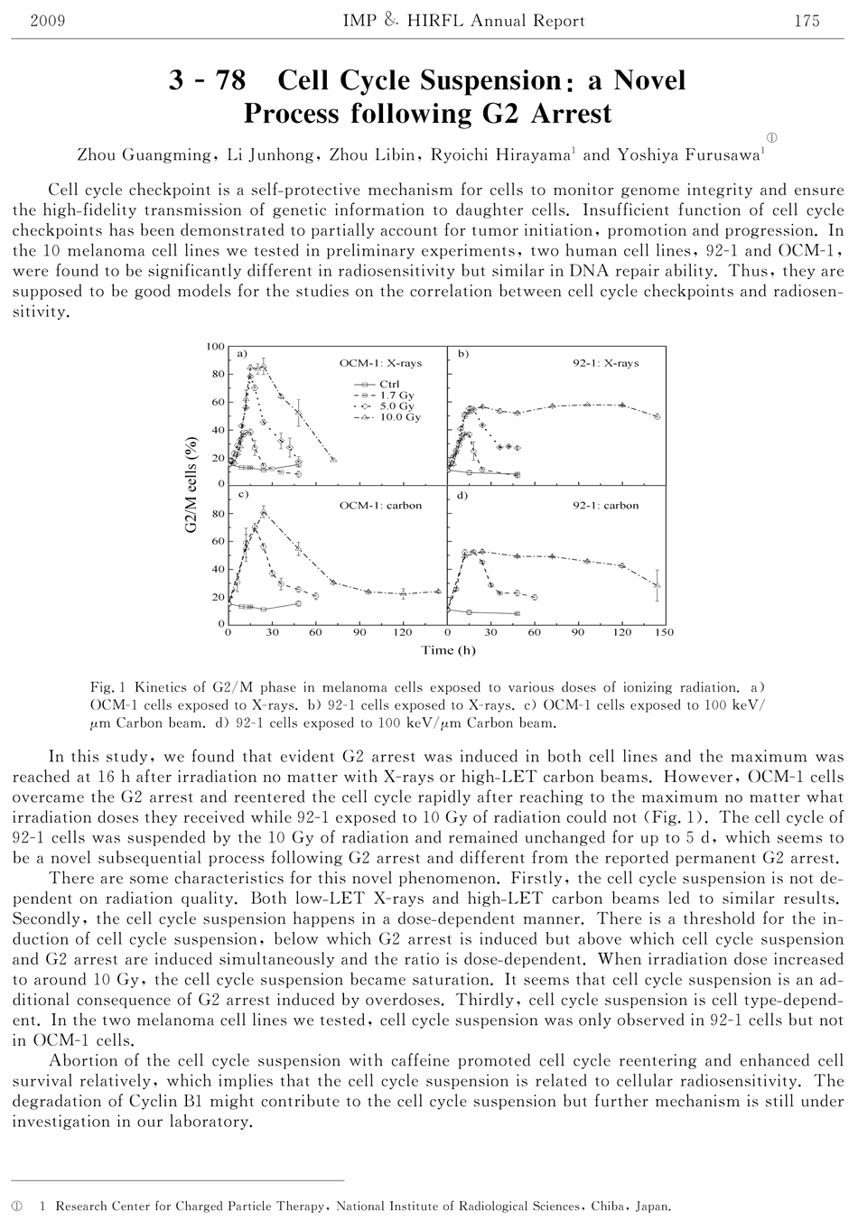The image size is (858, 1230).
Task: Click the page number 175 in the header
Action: click(x=807, y=21)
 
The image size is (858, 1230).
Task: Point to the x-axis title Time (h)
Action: click(x=448, y=650)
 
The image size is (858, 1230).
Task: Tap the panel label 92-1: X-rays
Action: click(x=605, y=363)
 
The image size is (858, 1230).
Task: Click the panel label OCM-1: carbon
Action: click(x=380, y=506)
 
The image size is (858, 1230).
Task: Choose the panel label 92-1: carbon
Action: click(x=605, y=506)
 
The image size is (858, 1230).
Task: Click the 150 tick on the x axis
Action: click(x=664, y=633)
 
